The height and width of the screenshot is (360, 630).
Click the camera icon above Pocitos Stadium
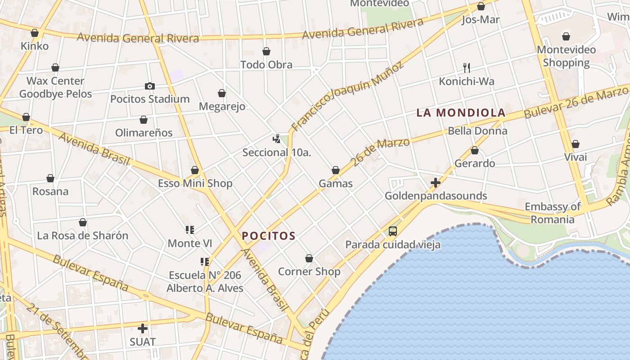coord(150,86)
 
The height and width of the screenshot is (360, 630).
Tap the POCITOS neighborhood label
coord(269,236)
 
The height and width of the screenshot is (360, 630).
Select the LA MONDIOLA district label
coord(461,112)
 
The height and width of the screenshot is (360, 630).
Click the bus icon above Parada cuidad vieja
coord(392,231)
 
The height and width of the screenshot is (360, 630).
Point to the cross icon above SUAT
coord(143,328)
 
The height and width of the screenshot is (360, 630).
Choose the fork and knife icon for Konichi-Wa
coord(467,68)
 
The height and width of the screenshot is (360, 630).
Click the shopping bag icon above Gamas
coord(335,170)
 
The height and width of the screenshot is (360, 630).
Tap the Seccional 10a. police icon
coord(276,139)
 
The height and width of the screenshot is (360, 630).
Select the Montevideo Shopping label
coord(566,56)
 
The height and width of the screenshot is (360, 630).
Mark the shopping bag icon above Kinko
coord(35,33)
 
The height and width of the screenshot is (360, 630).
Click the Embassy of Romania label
coord(553,213)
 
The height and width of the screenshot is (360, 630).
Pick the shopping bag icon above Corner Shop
coord(309,258)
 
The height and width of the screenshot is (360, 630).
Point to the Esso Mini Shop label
coord(195,183)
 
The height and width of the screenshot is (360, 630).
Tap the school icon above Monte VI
coord(189,230)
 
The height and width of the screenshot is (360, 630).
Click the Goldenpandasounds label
coord(436,196)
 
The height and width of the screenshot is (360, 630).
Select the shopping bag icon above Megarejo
coord(222,93)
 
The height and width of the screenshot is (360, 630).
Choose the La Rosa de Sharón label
coord(82,235)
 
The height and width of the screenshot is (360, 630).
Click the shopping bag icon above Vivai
coord(575,144)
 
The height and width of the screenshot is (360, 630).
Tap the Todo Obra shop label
coord(266,64)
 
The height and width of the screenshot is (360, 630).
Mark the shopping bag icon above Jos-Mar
coord(481,6)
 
